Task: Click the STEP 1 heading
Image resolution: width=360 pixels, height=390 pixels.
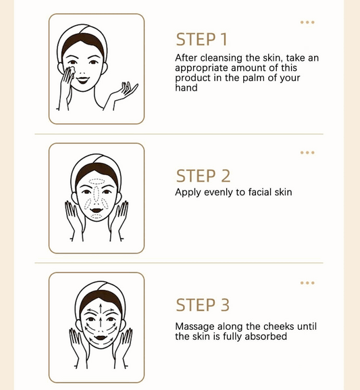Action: tap(201, 39)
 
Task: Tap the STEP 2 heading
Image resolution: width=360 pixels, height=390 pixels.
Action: tap(203, 176)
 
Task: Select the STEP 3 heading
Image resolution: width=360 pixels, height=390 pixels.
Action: tap(203, 305)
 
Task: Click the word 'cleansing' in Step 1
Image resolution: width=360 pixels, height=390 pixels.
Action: tap(222, 58)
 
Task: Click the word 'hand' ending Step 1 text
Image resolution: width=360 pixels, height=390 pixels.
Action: tap(186, 88)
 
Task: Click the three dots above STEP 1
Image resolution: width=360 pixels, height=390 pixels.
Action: tap(307, 22)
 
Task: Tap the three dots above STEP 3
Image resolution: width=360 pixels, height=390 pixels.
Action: tap(307, 283)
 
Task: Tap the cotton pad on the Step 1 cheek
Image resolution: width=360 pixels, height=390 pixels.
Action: tap(72, 70)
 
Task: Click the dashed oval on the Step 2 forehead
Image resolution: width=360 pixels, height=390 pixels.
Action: tap(97, 182)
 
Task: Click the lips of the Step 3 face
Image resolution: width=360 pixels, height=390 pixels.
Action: tap(101, 338)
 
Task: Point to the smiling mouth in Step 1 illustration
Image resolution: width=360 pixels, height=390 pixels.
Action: tap(82, 80)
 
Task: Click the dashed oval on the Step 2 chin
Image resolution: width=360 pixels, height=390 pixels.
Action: tap(96, 216)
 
